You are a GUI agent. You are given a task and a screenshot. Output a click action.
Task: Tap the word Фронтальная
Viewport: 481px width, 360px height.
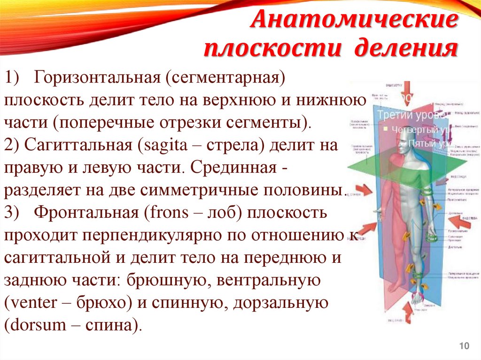coord(84,213)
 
